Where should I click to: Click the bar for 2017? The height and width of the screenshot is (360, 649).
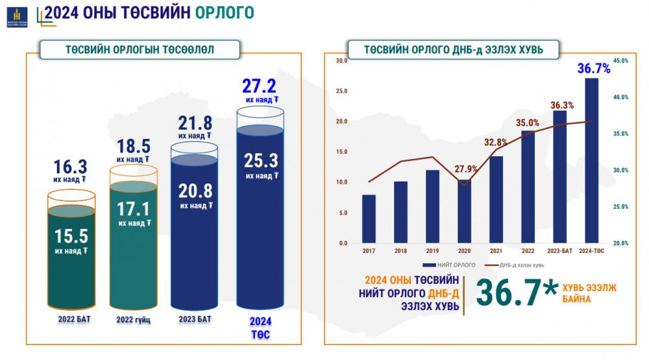(369, 219)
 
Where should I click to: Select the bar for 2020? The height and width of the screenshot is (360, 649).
(465, 211)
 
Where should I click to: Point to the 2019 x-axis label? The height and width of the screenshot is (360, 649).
(432, 251)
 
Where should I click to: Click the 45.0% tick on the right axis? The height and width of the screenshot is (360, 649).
(621, 60)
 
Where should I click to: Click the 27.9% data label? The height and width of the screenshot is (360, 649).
(466, 169)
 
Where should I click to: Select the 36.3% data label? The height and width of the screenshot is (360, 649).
(562, 105)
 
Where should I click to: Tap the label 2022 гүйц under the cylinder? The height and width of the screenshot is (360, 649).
(133, 320)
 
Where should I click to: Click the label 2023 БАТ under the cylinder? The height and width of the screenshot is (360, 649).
(195, 319)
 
